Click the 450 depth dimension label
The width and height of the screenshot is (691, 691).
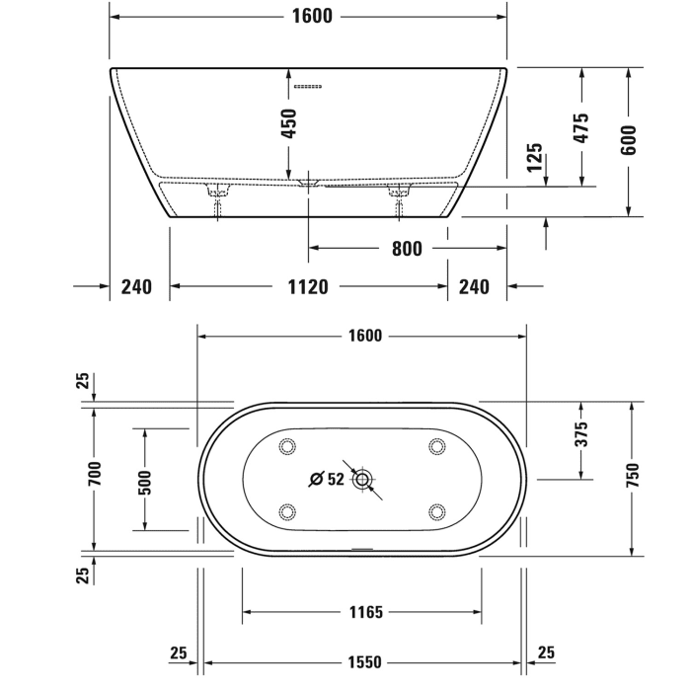pos(290,124)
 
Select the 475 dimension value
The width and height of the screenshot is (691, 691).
pos(581,127)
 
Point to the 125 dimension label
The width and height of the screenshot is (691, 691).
pos(535,158)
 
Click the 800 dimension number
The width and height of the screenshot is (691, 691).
pos(407,249)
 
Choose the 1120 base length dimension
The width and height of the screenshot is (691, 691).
pos(308,286)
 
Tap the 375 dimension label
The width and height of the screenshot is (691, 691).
pos(581,434)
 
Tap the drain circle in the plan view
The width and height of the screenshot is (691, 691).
pos(364,480)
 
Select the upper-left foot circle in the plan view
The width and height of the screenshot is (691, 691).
pos(288,446)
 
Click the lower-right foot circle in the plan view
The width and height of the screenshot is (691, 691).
pos(436,511)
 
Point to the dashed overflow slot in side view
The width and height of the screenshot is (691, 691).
pos(308,86)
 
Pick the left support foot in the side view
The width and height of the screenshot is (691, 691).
pos(218,192)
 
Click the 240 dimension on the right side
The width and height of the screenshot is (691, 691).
pos(475,286)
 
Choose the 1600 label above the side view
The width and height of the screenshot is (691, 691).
pos(313,16)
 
